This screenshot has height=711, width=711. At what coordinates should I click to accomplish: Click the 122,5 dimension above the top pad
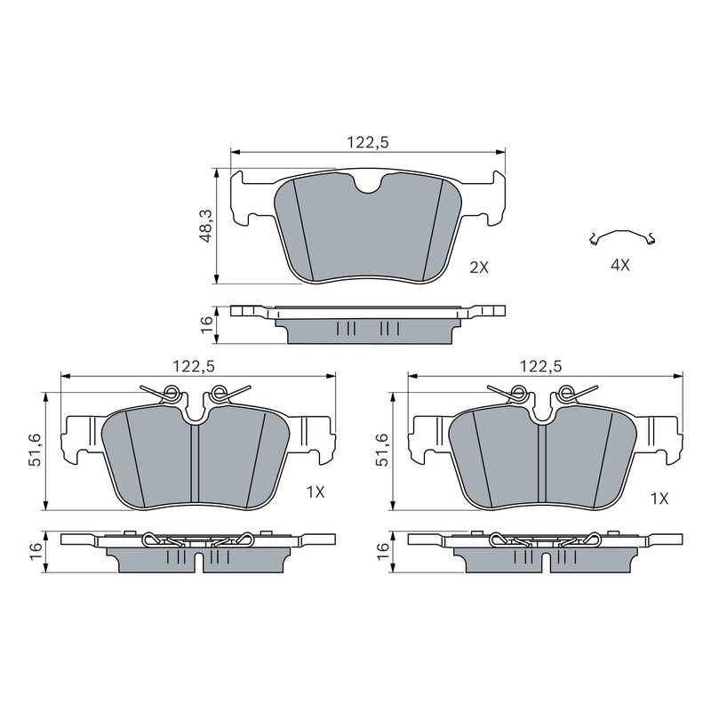click(x=368, y=142)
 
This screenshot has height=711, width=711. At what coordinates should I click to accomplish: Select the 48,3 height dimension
click(x=206, y=227)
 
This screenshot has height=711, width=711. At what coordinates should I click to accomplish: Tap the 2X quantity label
click(x=479, y=268)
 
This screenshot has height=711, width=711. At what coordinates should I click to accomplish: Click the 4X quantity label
click(x=619, y=265)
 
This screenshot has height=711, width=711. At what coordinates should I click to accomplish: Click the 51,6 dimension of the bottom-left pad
click(x=36, y=450)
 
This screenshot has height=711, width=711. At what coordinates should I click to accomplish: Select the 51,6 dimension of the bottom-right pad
click(x=382, y=450)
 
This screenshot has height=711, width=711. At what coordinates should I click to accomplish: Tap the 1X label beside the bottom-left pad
click(x=316, y=492)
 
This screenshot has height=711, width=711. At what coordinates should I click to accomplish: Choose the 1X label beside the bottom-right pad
click(x=659, y=499)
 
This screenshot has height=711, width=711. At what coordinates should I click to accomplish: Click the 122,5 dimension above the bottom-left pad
click(x=194, y=366)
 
